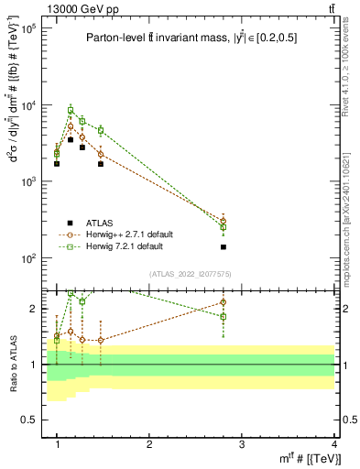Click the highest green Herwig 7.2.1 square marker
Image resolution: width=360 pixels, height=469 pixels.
point(71,111)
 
